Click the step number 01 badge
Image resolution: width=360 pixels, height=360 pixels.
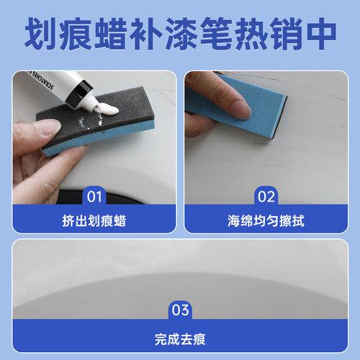coord(94,195)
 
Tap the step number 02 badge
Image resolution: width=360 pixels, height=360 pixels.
coord(266,195)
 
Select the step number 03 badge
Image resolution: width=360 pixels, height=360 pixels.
coord(180,310)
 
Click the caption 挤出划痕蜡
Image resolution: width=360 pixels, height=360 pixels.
coord(94,220)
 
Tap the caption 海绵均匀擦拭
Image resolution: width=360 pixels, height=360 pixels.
coord(266,220)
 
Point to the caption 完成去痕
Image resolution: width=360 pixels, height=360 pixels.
coord(180,336)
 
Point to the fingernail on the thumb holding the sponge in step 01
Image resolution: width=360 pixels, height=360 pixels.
coord(47,129)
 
